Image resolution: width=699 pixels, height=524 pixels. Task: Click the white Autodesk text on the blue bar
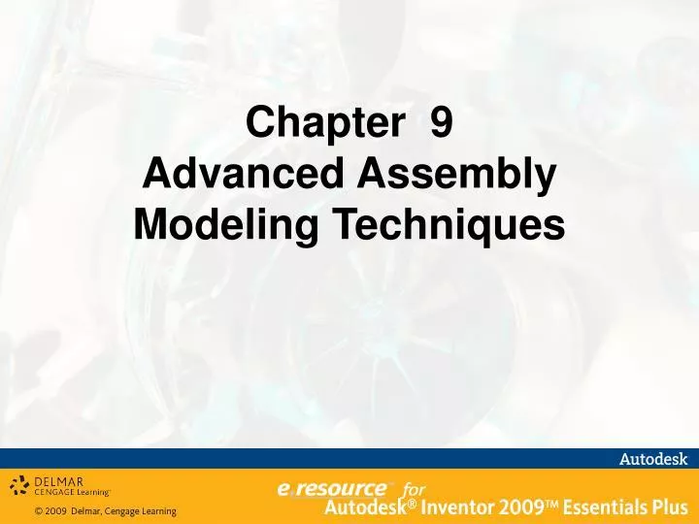[653, 459]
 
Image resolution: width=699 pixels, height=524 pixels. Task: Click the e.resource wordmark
[331, 489]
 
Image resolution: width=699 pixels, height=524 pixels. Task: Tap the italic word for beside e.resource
[414, 489]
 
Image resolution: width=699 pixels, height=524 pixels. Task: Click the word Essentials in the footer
[599, 507]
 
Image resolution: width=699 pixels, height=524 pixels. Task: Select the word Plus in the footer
[669, 507]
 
